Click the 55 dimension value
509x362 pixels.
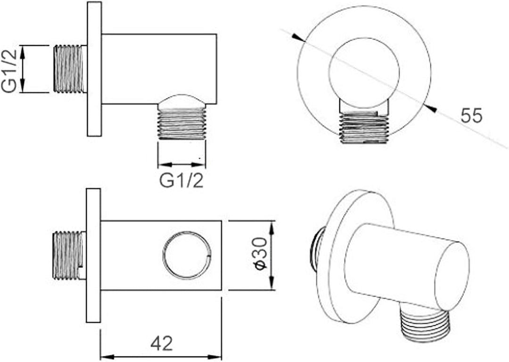click(x=472, y=115)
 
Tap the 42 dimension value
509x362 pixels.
click(x=162, y=343)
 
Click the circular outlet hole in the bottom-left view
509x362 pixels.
click(x=187, y=255)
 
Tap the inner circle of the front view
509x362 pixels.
click(x=364, y=73)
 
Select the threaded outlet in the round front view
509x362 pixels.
click(x=363, y=127)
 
